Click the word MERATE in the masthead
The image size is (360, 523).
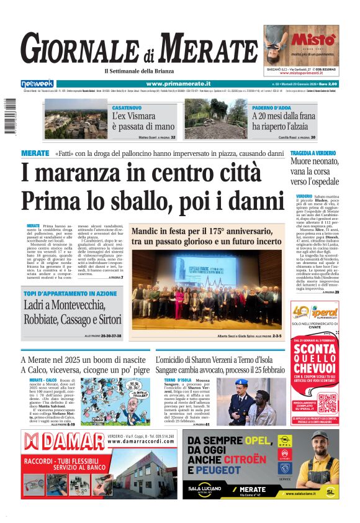[204, 48]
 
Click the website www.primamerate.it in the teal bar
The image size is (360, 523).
[174, 84]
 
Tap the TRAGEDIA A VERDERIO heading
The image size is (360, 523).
[315, 153]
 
